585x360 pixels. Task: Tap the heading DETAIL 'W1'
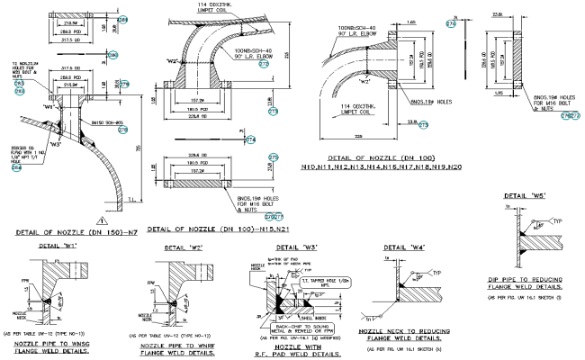[x=57, y=245]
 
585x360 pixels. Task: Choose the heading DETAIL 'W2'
[x=182, y=246]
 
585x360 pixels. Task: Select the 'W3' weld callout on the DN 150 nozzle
[x=55, y=143]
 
